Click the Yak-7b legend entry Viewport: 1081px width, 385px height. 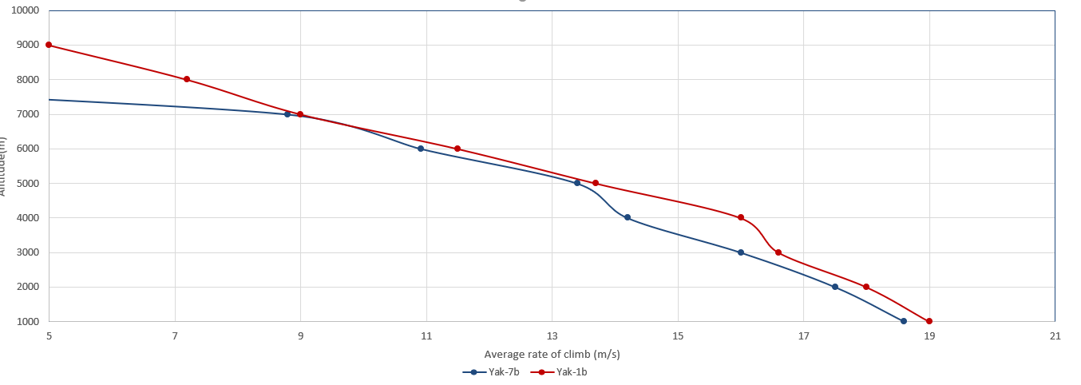click(498, 371)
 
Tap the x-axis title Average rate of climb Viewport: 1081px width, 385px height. click(552, 354)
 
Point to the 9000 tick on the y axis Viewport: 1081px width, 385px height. click(27, 46)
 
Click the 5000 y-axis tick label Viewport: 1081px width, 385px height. click(27, 184)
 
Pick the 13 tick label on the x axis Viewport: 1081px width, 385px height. click(552, 335)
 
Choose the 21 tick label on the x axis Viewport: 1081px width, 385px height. click(1055, 335)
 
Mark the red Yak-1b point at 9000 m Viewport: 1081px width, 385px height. click(49, 45)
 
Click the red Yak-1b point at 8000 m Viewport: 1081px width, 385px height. click(187, 79)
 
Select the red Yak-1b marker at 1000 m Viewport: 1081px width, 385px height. click(929, 321)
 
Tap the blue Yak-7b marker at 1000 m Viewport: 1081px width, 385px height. click(904, 321)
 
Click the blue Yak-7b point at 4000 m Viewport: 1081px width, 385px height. click(628, 217)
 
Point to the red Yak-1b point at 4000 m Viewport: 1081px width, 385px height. click(741, 217)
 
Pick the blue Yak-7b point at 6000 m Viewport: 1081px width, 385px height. click(421, 149)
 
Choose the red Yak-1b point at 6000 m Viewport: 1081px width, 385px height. click(457, 149)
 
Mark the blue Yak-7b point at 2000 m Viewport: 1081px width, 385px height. click(835, 287)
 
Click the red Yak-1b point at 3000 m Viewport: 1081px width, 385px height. click(778, 252)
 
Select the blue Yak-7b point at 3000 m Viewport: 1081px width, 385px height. click(741, 252)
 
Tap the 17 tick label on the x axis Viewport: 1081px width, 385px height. click(803, 335)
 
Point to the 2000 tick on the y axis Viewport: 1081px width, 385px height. click(27, 288)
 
